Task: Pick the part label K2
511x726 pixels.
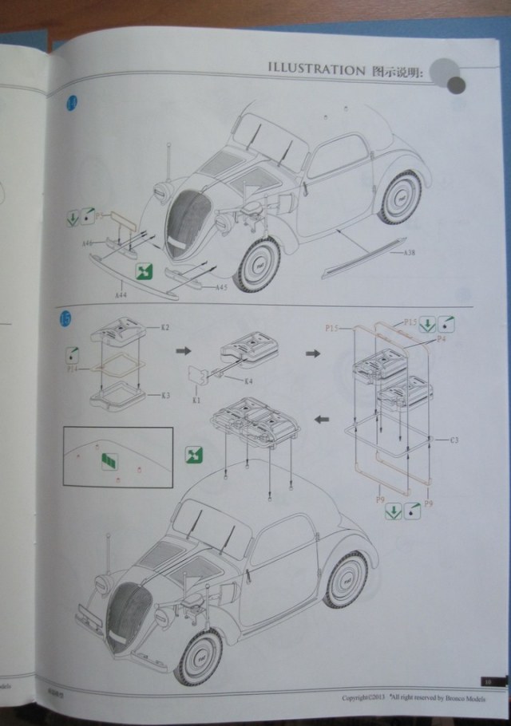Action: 165,328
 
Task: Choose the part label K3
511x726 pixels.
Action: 165,395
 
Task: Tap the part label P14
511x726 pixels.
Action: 73,369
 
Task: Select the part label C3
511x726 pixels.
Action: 454,440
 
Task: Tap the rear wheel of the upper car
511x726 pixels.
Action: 401,195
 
